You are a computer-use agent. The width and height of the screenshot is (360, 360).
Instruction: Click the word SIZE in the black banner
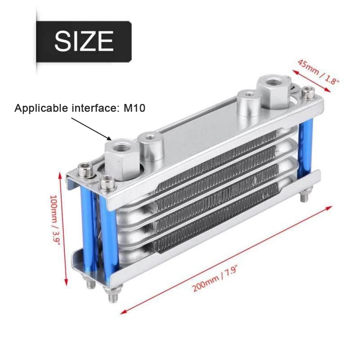tap(84, 41)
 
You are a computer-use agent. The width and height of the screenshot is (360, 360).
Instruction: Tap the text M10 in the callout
tap(134, 108)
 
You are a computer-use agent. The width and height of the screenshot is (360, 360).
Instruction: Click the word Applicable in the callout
tap(41, 108)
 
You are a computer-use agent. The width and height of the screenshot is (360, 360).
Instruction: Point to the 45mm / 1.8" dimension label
tap(319, 72)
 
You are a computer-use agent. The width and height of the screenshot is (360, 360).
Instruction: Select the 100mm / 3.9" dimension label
tap(55, 220)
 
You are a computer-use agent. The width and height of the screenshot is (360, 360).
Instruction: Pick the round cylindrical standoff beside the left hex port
tap(151, 148)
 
